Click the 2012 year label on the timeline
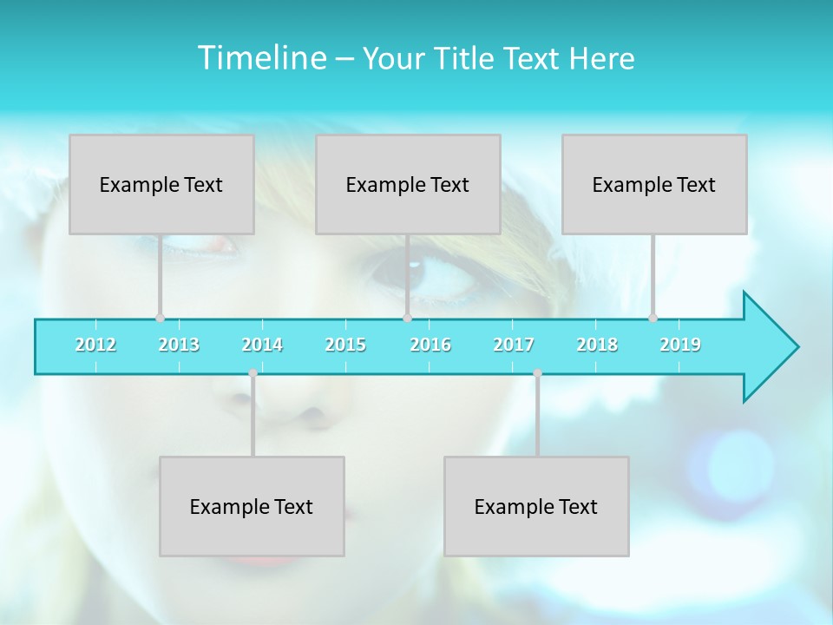click(95, 345)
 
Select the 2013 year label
click(179, 345)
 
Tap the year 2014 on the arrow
click(262, 345)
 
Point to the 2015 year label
click(345, 345)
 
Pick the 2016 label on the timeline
click(430, 345)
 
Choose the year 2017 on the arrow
click(514, 345)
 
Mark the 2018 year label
click(597, 345)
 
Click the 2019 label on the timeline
click(680, 345)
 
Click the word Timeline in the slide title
click(260, 57)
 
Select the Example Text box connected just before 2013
click(161, 184)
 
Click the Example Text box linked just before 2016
click(408, 184)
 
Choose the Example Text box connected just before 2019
click(654, 184)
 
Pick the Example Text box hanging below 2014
click(252, 506)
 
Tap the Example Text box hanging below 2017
click(536, 506)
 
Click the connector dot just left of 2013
click(160, 318)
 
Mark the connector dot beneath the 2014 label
click(253, 373)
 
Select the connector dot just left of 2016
click(407, 318)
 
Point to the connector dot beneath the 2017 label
click(537, 373)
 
